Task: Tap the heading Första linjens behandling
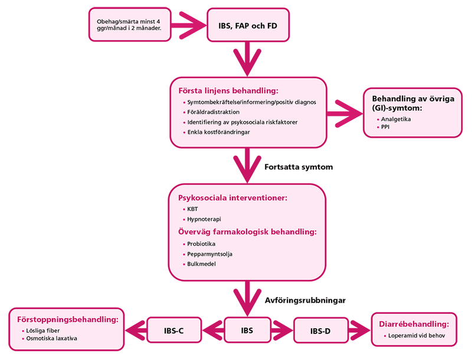pyautogui.click(x=228, y=90)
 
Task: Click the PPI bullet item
pyautogui.click(x=385, y=127)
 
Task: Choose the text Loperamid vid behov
pyautogui.click(x=415, y=336)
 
